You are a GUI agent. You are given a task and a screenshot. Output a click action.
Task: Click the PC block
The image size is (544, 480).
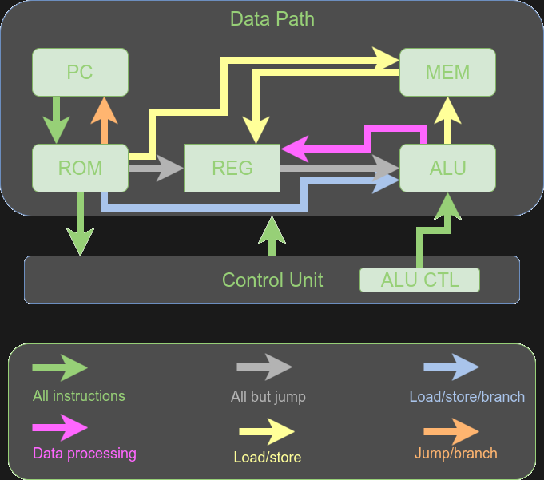(x=80, y=73)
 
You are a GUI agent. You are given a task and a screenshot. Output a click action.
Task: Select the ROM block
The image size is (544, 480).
(x=80, y=168)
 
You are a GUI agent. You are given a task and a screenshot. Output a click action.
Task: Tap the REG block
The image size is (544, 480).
(x=232, y=168)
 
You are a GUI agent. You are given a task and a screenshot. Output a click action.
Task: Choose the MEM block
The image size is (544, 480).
(x=447, y=73)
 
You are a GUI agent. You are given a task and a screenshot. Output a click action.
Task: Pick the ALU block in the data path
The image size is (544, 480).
(x=447, y=168)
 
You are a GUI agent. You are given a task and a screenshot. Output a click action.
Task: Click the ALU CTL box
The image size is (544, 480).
(x=419, y=280)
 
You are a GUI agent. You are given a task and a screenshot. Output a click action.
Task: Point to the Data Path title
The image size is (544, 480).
(x=272, y=18)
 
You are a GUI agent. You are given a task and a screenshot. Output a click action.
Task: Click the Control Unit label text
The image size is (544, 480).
(x=272, y=280)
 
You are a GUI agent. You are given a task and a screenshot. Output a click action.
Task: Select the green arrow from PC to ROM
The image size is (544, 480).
(x=56, y=120)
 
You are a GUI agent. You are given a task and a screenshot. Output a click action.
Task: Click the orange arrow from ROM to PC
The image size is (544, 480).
(x=104, y=120)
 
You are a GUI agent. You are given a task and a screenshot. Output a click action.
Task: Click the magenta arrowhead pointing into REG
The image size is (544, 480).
(x=296, y=147)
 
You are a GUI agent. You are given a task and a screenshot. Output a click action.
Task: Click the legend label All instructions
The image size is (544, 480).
(x=79, y=396)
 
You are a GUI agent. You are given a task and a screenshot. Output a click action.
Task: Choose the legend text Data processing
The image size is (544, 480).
(x=85, y=454)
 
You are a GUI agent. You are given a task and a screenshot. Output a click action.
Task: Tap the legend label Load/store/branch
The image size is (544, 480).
(x=467, y=397)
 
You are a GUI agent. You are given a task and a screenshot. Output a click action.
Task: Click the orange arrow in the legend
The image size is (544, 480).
(x=451, y=431)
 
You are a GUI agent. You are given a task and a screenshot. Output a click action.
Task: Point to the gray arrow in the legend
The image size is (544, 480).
(x=264, y=367)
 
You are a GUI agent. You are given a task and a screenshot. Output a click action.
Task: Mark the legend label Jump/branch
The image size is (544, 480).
(x=455, y=454)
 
